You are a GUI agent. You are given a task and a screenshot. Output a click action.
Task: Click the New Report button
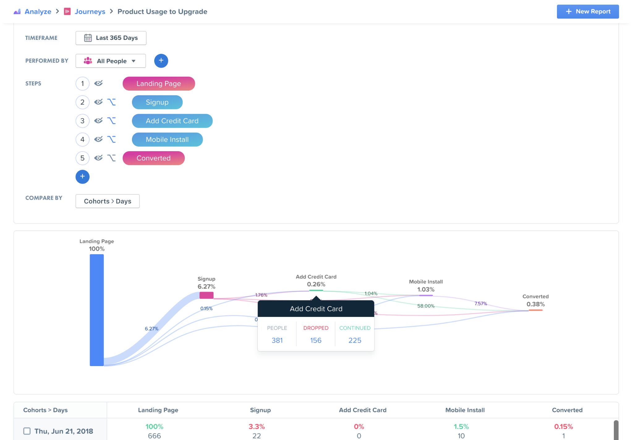(x=588, y=11)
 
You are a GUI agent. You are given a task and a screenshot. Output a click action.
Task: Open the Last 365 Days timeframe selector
(x=111, y=38)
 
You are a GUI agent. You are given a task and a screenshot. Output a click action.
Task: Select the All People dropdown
(x=111, y=61)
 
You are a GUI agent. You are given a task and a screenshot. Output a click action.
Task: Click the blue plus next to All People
(x=161, y=61)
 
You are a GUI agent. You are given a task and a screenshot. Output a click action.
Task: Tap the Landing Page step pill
(x=159, y=83)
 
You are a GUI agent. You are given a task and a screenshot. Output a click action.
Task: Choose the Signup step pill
(x=157, y=102)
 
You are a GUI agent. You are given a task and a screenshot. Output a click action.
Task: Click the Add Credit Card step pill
(x=172, y=121)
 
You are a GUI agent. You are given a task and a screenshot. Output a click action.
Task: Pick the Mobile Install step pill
(x=167, y=139)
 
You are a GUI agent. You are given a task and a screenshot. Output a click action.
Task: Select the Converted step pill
(x=153, y=158)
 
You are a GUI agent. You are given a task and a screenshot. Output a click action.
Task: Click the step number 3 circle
(x=82, y=121)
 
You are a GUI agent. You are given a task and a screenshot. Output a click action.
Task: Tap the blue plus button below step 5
(x=82, y=177)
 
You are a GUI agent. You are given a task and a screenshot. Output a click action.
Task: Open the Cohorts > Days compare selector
(x=107, y=201)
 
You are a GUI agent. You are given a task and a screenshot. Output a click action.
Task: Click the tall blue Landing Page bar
(x=96, y=309)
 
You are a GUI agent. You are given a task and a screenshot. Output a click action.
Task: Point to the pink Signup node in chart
(x=206, y=295)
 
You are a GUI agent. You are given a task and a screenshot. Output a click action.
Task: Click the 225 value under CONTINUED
(x=355, y=340)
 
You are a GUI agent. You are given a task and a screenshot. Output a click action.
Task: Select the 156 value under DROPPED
(x=316, y=340)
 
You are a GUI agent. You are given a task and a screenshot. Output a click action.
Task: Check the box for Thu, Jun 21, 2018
(x=27, y=431)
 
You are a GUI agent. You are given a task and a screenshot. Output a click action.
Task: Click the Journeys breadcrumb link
(x=90, y=11)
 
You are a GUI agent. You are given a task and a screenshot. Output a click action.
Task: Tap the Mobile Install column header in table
(x=465, y=410)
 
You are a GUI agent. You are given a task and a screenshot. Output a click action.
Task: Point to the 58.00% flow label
(x=426, y=306)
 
